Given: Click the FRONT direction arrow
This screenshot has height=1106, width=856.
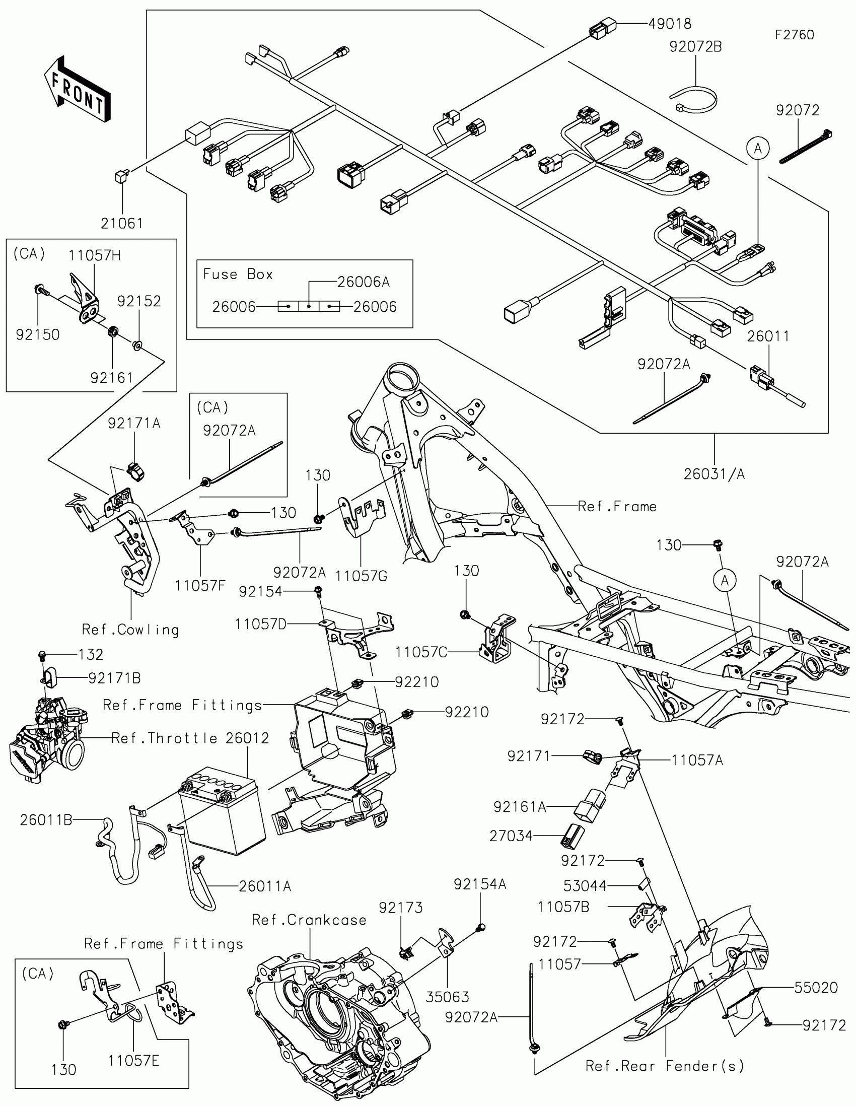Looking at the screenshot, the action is pyautogui.click(x=77, y=89).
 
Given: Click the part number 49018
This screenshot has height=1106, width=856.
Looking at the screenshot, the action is pyautogui.click(x=670, y=24).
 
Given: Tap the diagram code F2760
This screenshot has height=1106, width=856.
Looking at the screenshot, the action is pyautogui.click(x=794, y=35).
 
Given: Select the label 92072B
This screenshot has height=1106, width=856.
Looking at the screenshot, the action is pyautogui.click(x=695, y=47).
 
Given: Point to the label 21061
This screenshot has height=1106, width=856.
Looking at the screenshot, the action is pyautogui.click(x=122, y=223).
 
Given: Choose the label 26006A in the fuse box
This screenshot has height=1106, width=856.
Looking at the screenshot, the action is pyautogui.click(x=364, y=282).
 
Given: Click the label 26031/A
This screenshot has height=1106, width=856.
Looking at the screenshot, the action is pyautogui.click(x=715, y=474).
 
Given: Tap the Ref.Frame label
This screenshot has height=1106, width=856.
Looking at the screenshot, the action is pyautogui.click(x=617, y=506).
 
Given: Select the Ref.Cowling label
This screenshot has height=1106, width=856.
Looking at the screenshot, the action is pyautogui.click(x=130, y=630).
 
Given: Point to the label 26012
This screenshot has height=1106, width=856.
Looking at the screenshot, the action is pyautogui.click(x=248, y=738).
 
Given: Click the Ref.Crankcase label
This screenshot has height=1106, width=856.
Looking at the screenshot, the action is pyautogui.click(x=309, y=920).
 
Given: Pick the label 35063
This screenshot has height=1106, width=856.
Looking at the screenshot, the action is pyautogui.click(x=448, y=997).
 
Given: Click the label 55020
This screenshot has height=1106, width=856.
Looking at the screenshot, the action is pyautogui.click(x=816, y=987).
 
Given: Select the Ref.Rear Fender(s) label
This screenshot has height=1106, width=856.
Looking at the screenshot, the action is pyautogui.click(x=665, y=1066).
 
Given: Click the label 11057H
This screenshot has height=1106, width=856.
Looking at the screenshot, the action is pyautogui.click(x=95, y=255).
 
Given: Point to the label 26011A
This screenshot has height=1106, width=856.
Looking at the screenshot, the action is pyautogui.click(x=265, y=886).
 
